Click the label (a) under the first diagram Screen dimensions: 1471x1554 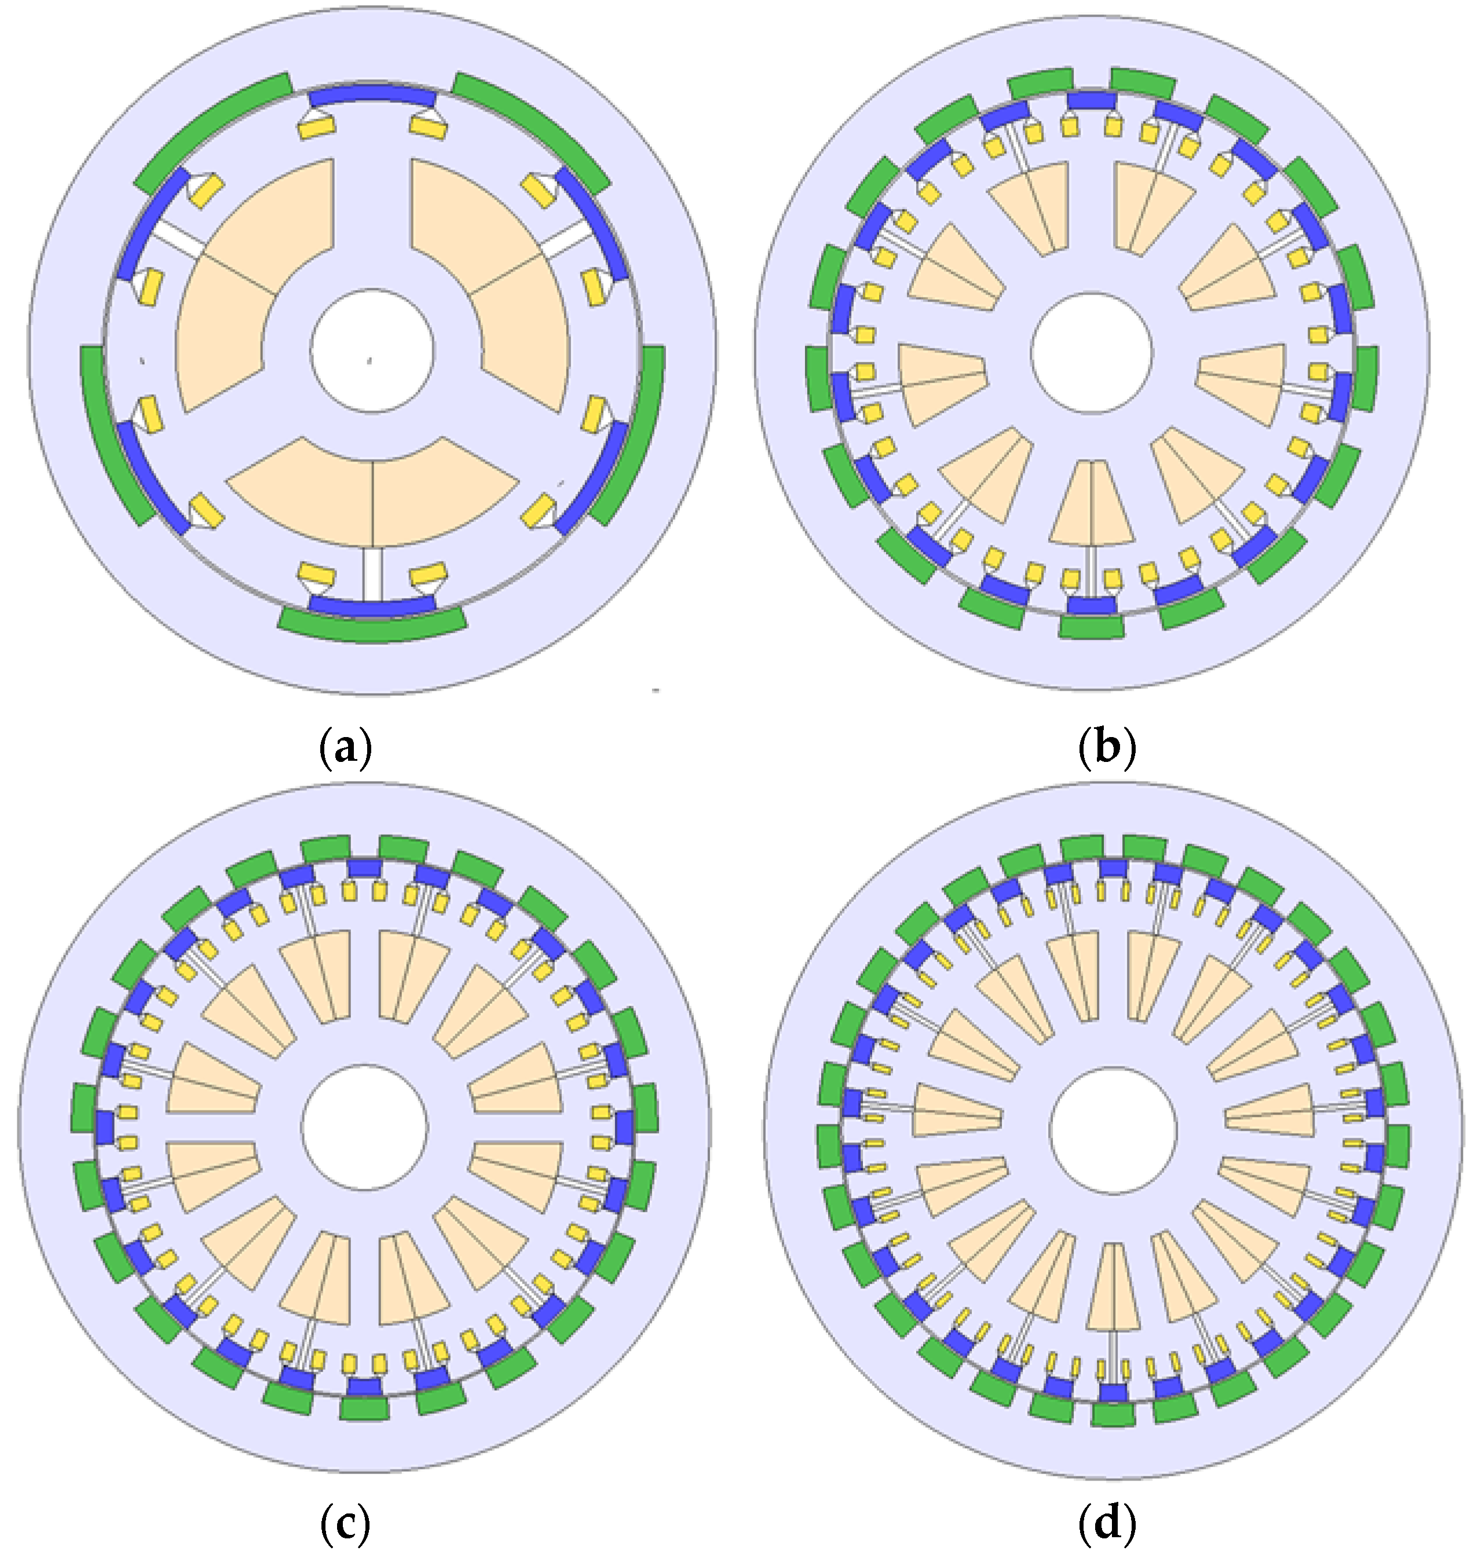(x=346, y=750)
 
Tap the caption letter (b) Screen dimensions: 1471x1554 (x=1106, y=750)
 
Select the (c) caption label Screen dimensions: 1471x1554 (x=345, y=1523)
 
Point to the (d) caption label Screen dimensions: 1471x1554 (x=1106, y=1523)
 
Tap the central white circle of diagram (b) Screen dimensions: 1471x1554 (x=1092, y=353)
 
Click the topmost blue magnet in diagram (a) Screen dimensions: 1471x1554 (x=372, y=96)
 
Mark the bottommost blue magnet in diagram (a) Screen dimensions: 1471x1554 (x=372, y=604)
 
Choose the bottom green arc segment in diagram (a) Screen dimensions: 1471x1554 (x=372, y=625)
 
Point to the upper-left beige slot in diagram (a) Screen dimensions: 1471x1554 (x=251, y=274)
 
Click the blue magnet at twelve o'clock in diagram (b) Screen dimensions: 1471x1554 (x=1092, y=100)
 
